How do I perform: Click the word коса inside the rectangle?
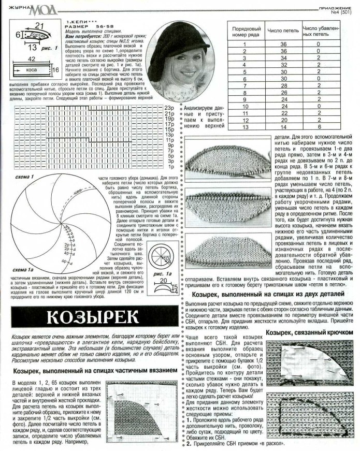[x=31, y=68]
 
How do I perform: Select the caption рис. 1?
[x=49, y=48]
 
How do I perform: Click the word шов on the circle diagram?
[x=78, y=191]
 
